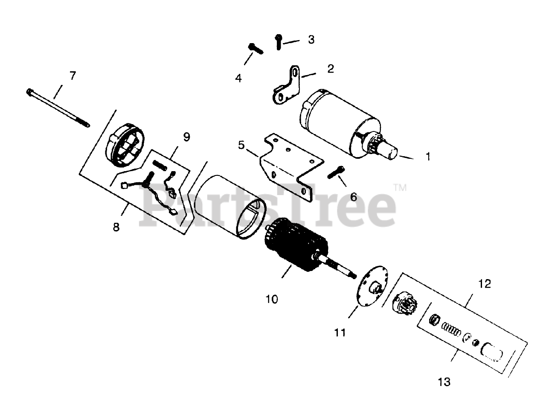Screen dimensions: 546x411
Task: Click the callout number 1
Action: [428, 157]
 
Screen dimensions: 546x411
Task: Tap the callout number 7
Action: [73, 76]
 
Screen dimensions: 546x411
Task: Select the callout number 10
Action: [271, 299]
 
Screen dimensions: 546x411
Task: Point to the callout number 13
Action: [444, 381]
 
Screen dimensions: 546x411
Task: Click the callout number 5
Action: [242, 146]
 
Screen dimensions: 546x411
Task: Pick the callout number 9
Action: [186, 137]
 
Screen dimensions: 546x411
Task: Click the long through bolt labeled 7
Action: [58, 108]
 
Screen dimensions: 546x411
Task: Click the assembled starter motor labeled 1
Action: [341, 124]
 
